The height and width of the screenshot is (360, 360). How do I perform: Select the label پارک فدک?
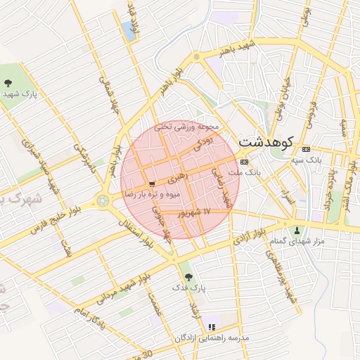(188, 288)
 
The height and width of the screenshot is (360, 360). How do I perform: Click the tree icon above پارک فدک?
(186, 276)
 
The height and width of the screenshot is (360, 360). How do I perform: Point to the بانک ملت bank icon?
(244, 162)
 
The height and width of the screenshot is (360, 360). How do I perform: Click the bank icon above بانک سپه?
(306, 150)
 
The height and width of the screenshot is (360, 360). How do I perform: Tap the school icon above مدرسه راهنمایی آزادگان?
(212, 327)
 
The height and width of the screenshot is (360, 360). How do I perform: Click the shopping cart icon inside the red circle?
(152, 184)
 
